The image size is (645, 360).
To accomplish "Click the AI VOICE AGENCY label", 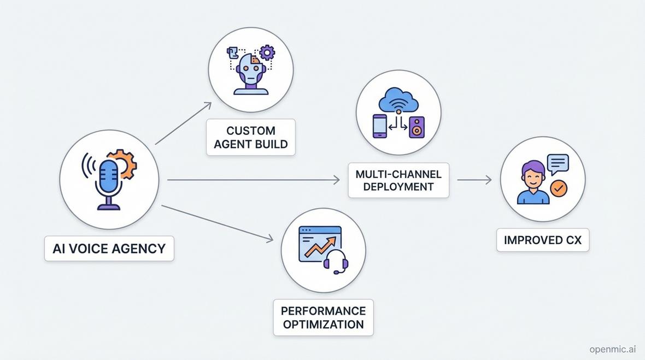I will (x=109, y=249).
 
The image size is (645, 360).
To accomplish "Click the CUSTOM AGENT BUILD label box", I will (x=251, y=138).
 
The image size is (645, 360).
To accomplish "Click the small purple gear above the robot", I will (x=267, y=52).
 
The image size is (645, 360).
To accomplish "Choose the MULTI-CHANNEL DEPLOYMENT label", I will (x=398, y=180).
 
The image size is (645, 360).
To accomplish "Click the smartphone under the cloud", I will (x=380, y=126).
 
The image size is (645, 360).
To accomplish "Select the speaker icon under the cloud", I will (x=417, y=127).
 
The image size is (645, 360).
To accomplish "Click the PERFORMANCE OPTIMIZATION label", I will (x=323, y=317).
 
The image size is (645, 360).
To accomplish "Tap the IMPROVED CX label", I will (x=543, y=240).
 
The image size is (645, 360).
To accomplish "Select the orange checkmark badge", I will (x=559, y=188).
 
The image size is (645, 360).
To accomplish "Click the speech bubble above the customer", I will (x=558, y=163).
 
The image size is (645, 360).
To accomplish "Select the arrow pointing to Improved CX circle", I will (x=474, y=180).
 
